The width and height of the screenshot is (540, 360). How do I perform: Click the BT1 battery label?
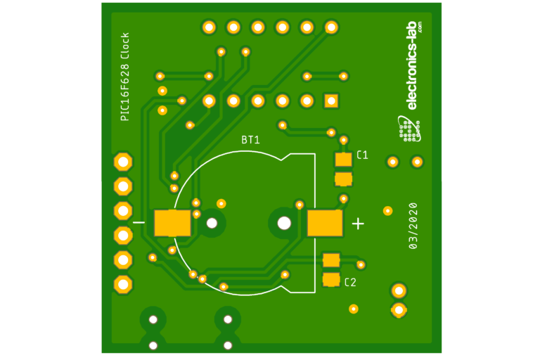pyautogui.click(x=250, y=140)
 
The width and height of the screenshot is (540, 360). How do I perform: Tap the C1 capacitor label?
pyautogui.click(x=362, y=155)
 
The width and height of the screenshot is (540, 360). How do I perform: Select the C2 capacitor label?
pyautogui.click(x=350, y=283)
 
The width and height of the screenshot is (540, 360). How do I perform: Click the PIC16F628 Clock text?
pyautogui.click(x=125, y=77)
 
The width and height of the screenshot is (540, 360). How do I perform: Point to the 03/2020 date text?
pyautogui.click(x=413, y=226)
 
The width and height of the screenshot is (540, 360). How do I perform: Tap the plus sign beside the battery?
pyautogui.click(x=358, y=224)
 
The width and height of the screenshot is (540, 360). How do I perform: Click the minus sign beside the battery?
pyautogui.click(x=139, y=222)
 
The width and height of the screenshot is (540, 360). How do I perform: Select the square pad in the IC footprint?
pyautogui.click(x=331, y=101)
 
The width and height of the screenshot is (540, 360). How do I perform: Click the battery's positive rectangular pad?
pyautogui.click(x=324, y=223)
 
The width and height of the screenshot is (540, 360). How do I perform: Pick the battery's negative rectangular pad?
pyautogui.click(x=172, y=223)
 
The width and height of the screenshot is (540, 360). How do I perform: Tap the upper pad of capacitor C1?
pyautogui.click(x=343, y=160)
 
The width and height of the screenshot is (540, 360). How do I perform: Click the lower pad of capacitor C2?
pyautogui.click(x=331, y=279)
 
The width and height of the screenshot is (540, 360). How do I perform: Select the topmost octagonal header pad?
pyautogui.click(x=123, y=162)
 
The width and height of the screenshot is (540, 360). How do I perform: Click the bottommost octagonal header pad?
pyautogui.click(x=123, y=284)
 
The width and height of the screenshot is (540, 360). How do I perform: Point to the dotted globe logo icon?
pyautogui.click(x=408, y=128)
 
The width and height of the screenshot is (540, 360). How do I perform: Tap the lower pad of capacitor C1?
pyautogui.click(x=343, y=179)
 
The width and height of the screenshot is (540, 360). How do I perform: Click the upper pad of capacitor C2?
pyautogui.click(x=331, y=259)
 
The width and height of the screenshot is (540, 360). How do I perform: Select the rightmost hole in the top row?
pyautogui.click(x=331, y=27)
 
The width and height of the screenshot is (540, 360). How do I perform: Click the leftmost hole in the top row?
pyautogui.click(x=209, y=27)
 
